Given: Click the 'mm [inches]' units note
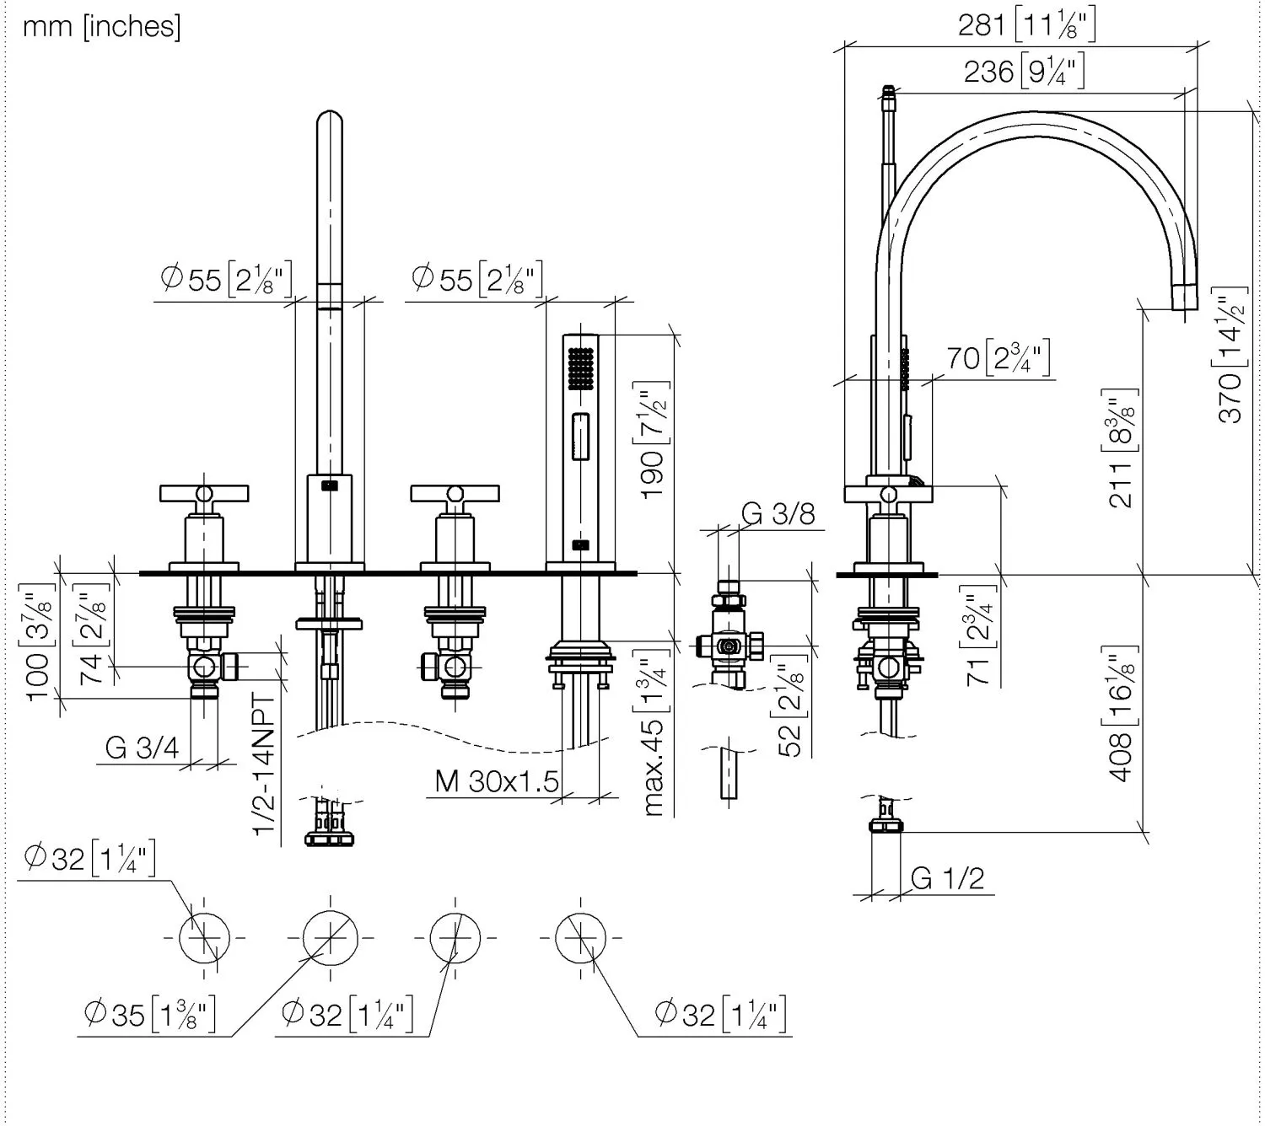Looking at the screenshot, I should coord(101,27).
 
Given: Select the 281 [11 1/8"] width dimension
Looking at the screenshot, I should coord(1026,25).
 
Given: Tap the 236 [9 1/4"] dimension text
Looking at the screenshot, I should coord(1024,71).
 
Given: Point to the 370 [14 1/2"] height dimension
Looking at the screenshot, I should coord(1230,354).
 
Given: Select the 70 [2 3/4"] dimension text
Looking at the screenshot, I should coord(998,358).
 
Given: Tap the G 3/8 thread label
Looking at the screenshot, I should coord(778,513).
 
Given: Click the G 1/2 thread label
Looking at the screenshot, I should coord(947,878).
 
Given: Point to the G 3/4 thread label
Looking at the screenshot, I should coord(142,747).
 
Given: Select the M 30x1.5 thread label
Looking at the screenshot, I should coord(497,781).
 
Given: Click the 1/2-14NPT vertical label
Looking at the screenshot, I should coord(265,765).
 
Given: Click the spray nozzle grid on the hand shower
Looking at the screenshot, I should coord(581,367).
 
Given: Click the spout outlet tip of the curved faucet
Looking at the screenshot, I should coord(1184,298).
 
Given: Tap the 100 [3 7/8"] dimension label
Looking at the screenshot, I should coord(40,642).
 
